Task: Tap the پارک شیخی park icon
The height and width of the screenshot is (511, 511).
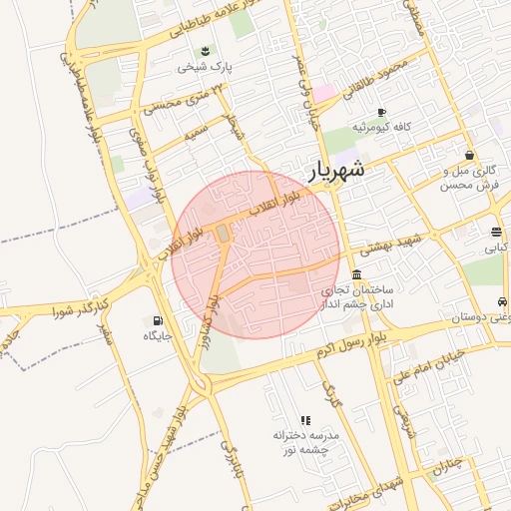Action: tap(206, 51)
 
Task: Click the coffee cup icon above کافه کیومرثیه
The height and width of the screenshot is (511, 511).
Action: tap(381, 112)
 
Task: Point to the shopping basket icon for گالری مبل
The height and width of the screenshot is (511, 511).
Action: tap(469, 155)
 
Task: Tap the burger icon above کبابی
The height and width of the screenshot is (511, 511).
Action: tap(496, 232)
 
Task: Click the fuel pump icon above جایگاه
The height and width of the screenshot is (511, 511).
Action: tap(157, 320)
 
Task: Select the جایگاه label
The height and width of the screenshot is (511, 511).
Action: tap(158, 336)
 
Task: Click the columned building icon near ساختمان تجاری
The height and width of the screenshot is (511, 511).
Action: tap(357, 274)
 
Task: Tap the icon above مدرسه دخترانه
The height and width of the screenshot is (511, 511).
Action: tap(305, 421)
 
